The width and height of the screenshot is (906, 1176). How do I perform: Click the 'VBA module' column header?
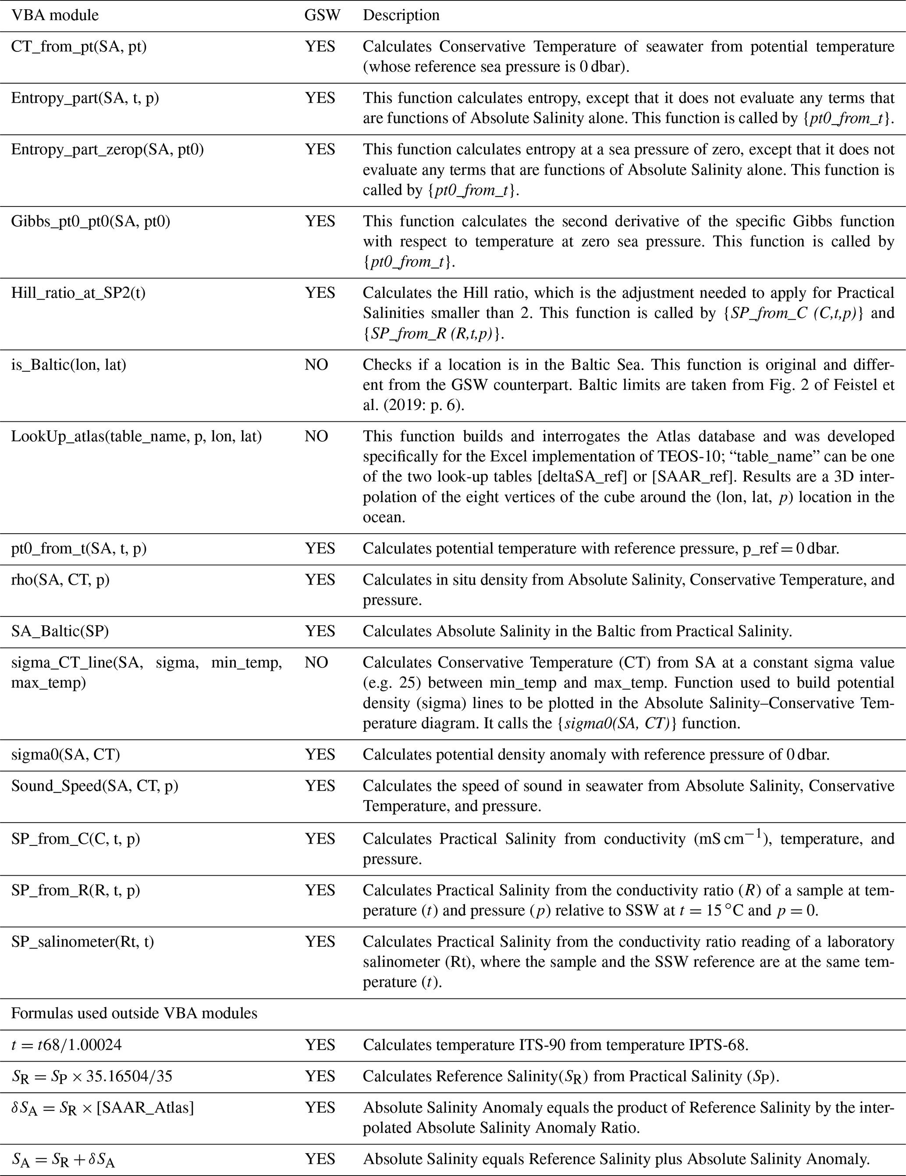[x=55, y=15]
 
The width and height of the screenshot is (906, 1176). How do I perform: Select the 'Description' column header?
[x=401, y=15]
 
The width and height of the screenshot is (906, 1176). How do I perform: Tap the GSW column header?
[x=323, y=15]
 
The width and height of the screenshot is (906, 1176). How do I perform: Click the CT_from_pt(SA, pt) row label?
[x=78, y=47]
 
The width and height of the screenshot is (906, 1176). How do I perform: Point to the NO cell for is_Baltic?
[x=316, y=365]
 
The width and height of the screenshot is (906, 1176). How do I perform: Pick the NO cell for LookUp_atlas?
[x=316, y=436]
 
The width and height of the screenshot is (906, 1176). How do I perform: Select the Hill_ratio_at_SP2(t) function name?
[x=78, y=293]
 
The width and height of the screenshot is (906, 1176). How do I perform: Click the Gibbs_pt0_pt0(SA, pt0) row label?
[x=90, y=221]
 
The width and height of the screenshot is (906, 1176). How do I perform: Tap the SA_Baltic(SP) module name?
[x=60, y=631]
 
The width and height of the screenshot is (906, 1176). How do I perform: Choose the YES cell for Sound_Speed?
[x=320, y=786]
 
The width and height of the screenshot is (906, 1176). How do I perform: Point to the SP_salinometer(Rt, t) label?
[x=82, y=942]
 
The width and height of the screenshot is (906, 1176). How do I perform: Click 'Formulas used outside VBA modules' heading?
[x=134, y=1013]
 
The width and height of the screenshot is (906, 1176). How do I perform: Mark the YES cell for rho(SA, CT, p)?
[x=320, y=580]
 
